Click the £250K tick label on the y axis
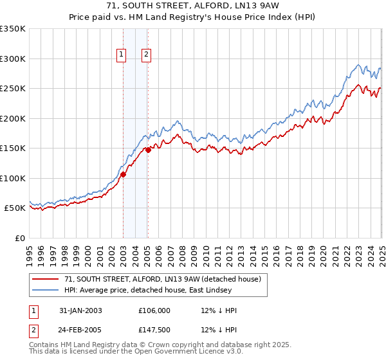click(13, 88)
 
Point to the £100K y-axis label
click(13, 178)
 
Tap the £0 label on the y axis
click(20, 238)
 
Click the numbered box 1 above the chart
click(122, 55)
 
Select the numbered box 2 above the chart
click(147, 55)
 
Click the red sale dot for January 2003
click(124, 174)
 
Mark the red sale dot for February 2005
click(148, 150)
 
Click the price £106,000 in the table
click(155, 310)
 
